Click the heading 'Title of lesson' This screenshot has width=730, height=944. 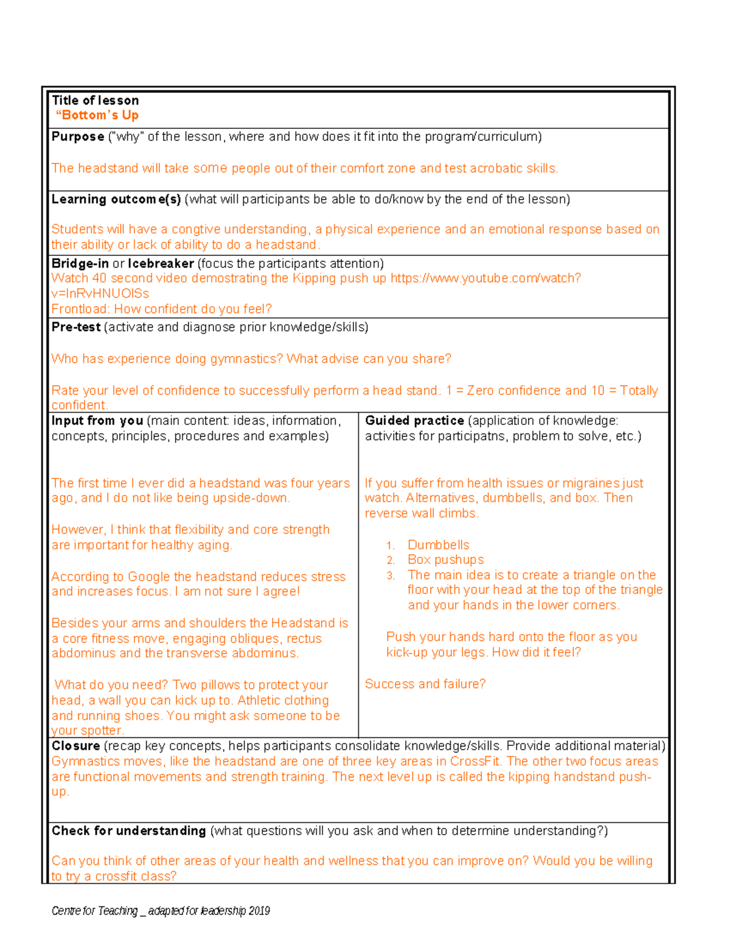tap(95, 101)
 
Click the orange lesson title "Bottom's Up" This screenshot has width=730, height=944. tap(97, 115)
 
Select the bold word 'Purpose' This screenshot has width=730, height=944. tap(78, 137)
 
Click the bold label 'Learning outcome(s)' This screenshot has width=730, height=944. tap(116, 199)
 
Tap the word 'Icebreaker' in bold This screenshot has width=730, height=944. tap(161, 264)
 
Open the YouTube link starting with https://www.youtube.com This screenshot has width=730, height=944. tap(485, 278)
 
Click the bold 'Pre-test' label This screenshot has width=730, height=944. tap(76, 327)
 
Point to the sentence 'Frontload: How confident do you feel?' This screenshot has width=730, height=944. tap(161, 309)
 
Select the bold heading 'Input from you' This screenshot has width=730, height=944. tap(97, 421)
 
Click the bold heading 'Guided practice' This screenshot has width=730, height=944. tap(414, 421)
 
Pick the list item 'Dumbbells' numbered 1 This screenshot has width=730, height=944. tap(438, 545)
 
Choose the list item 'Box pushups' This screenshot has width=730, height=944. tap(445, 560)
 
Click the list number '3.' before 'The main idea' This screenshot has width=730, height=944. tap(391, 576)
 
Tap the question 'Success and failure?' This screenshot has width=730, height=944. tap(425, 684)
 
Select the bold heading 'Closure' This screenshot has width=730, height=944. tap(75, 746)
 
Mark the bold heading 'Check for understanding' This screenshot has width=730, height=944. tap(128, 831)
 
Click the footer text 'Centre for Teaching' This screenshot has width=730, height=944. tap(94, 911)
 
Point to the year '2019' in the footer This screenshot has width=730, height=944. tap(259, 911)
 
